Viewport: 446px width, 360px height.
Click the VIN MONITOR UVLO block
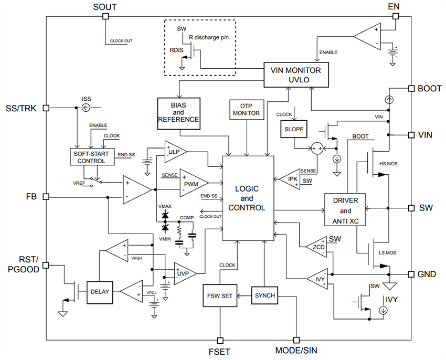(295, 75)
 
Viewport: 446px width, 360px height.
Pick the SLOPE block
(293, 129)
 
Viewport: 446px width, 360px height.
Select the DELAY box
(100, 291)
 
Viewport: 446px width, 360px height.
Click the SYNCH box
(264, 295)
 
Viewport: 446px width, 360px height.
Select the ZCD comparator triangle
(314, 247)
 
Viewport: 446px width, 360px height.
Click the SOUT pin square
(105, 16)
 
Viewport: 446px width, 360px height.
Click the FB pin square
(46, 197)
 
